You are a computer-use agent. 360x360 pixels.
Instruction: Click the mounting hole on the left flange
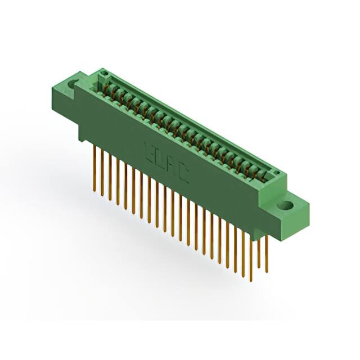73,85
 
